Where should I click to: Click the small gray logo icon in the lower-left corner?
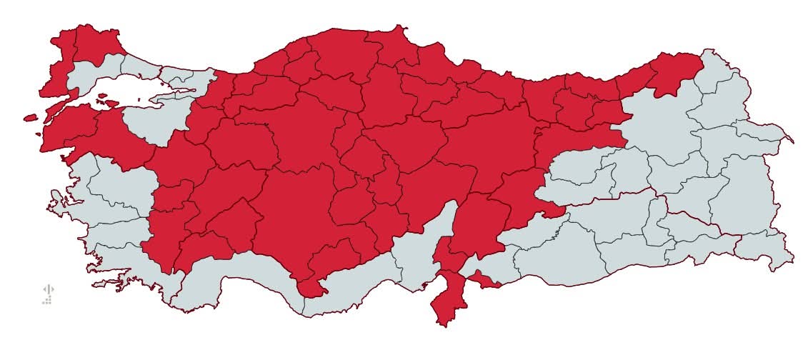(48, 294)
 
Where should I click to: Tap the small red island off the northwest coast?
(30, 118)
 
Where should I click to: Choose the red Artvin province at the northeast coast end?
(675, 71)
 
